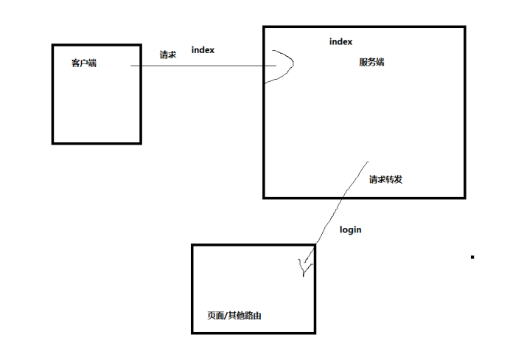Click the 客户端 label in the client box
pyautogui.click(x=84, y=63)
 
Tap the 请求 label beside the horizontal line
pyautogui.click(x=168, y=55)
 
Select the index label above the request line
pyautogui.click(x=203, y=49)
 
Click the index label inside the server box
pyautogui.click(x=341, y=42)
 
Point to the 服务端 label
pyautogui.click(x=371, y=62)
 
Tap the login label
pyautogui.click(x=350, y=229)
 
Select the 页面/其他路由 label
pyautogui.click(x=235, y=315)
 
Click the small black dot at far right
pyautogui.click(x=472, y=257)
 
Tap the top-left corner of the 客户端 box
pyautogui.click(x=53, y=46)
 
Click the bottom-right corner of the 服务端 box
pyautogui.click(x=464, y=197)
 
